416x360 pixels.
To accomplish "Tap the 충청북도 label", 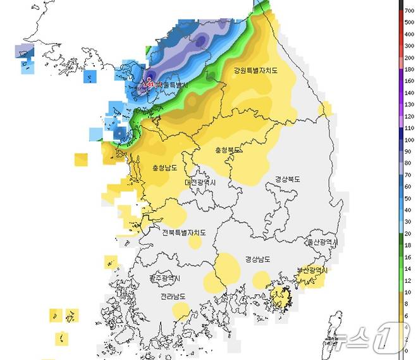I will (228, 151).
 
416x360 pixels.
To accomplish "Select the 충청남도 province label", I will (164, 168).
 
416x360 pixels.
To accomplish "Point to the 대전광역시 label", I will (200, 182).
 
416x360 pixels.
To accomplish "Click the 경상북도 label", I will (288, 179).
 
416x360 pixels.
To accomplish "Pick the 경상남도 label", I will (259, 259).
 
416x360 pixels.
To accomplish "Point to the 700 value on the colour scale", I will (409, 11).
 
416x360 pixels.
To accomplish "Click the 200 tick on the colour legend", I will (409, 58).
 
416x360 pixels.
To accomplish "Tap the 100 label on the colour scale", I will (409, 128).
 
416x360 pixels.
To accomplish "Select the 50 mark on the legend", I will (409, 188).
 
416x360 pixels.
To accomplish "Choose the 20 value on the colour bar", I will (409, 234).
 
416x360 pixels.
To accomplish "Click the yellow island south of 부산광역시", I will (279, 297).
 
